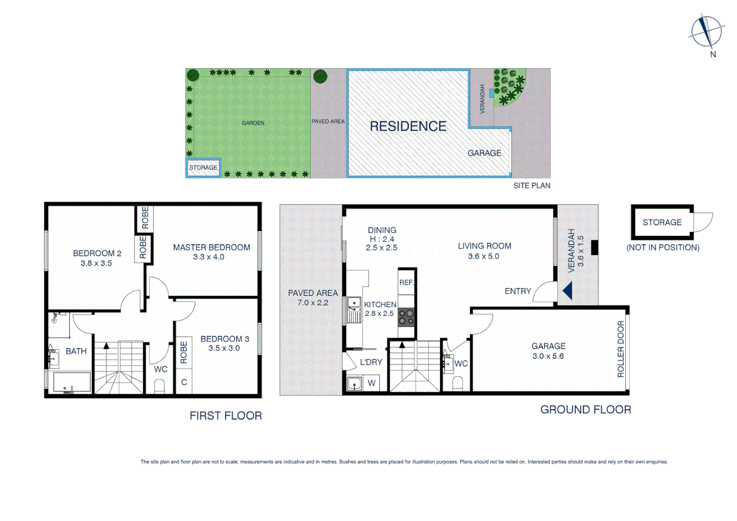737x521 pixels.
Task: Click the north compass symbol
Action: click(x=706, y=31)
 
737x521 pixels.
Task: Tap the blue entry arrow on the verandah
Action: click(x=568, y=291)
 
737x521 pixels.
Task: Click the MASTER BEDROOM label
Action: click(x=211, y=247)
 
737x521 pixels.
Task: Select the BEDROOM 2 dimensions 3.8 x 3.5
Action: click(x=96, y=263)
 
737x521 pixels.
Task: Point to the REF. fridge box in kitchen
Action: click(x=406, y=283)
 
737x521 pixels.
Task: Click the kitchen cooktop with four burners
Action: click(x=406, y=317)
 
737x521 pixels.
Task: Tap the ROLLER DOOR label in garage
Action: click(x=620, y=348)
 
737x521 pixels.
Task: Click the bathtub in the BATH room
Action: click(x=71, y=382)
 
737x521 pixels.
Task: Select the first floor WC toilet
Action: click(x=159, y=386)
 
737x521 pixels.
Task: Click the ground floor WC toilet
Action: click(x=458, y=384)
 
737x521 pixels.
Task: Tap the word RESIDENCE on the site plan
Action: click(x=408, y=126)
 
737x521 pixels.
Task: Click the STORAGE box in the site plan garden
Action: click(x=203, y=168)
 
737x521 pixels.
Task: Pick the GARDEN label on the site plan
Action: click(x=253, y=123)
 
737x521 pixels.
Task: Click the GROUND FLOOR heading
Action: click(x=585, y=410)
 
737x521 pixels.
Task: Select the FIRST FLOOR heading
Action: click(x=225, y=416)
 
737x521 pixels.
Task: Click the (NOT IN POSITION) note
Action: click(x=662, y=247)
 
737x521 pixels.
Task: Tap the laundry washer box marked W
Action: click(x=371, y=384)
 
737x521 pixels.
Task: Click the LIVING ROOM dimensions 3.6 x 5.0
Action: click(x=483, y=257)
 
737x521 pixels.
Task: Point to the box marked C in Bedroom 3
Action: click(x=184, y=383)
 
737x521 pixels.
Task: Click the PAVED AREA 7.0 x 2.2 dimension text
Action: click(x=313, y=303)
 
